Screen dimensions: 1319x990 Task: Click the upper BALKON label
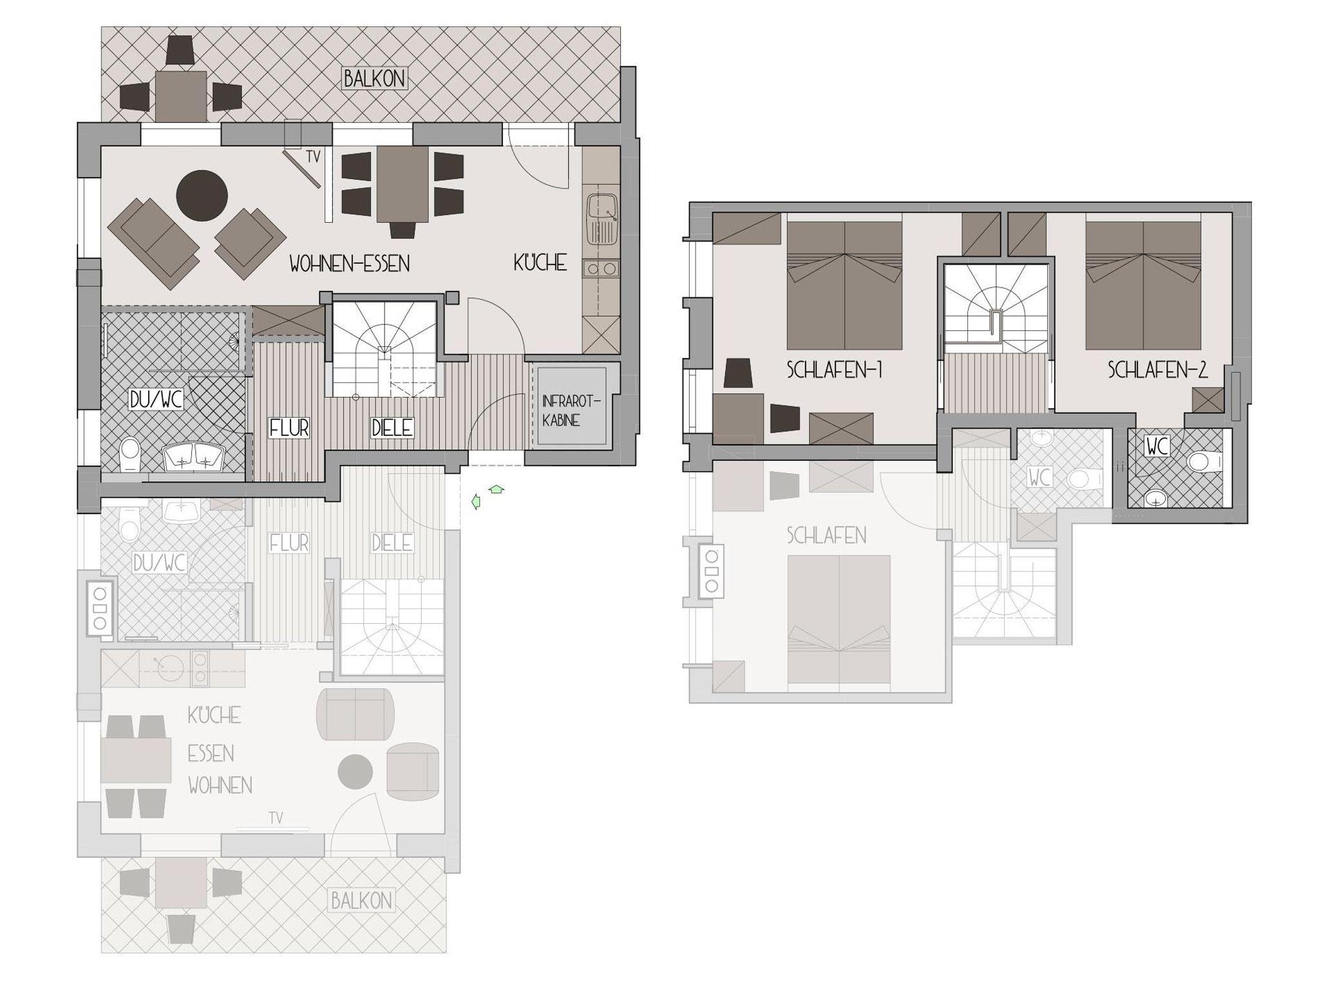(x=374, y=79)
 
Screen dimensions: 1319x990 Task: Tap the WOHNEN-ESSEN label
(x=350, y=263)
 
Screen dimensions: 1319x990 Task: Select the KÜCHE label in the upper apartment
(x=540, y=263)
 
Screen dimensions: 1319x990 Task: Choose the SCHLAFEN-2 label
(x=1157, y=369)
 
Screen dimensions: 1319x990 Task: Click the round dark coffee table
(x=202, y=196)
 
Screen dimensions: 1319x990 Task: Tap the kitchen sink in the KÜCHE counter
(x=602, y=219)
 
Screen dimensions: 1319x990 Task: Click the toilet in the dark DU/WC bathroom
(x=130, y=454)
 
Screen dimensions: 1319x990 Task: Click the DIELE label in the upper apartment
(x=392, y=427)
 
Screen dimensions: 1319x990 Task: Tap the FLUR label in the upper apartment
(x=289, y=428)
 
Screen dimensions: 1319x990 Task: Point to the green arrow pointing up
(x=496, y=490)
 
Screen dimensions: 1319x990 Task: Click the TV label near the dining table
(x=313, y=156)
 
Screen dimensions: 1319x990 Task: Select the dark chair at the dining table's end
(x=403, y=230)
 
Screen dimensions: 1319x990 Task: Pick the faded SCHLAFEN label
(x=826, y=536)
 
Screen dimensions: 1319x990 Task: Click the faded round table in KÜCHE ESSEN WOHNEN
(x=356, y=772)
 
